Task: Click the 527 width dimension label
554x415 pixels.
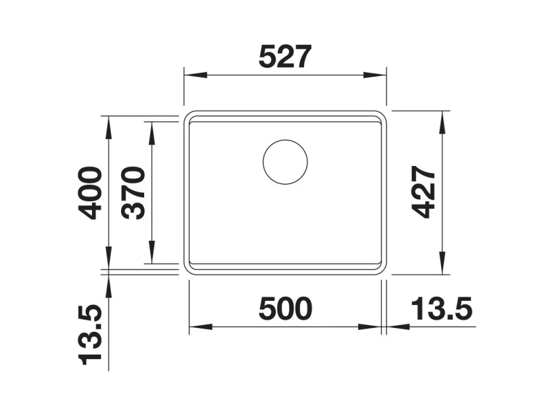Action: (285, 57)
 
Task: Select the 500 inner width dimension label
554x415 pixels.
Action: (285, 308)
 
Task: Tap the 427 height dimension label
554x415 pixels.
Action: (423, 192)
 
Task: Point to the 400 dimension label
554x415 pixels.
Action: (90, 193)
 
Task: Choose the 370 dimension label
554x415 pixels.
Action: (133, 193)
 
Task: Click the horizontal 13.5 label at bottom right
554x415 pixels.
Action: (442, 308)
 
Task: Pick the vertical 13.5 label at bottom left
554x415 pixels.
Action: (90, 334)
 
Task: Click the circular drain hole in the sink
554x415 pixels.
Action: (285, 162)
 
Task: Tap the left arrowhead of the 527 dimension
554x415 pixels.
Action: (195, 75)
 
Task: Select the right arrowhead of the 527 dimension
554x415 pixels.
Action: (375, 75)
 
